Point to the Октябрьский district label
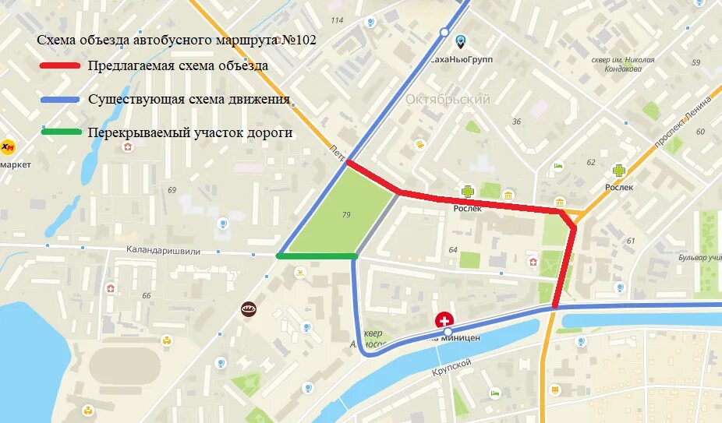click(448, 100)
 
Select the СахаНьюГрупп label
click(462, 59)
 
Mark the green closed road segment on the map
click(317, 256)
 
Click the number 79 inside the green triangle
click(346, 213)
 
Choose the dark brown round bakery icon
click(249, 308)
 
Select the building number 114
click(337, 20)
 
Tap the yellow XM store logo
click(8, 146)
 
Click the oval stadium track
click(125, 366)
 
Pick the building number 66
click(146, 295)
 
